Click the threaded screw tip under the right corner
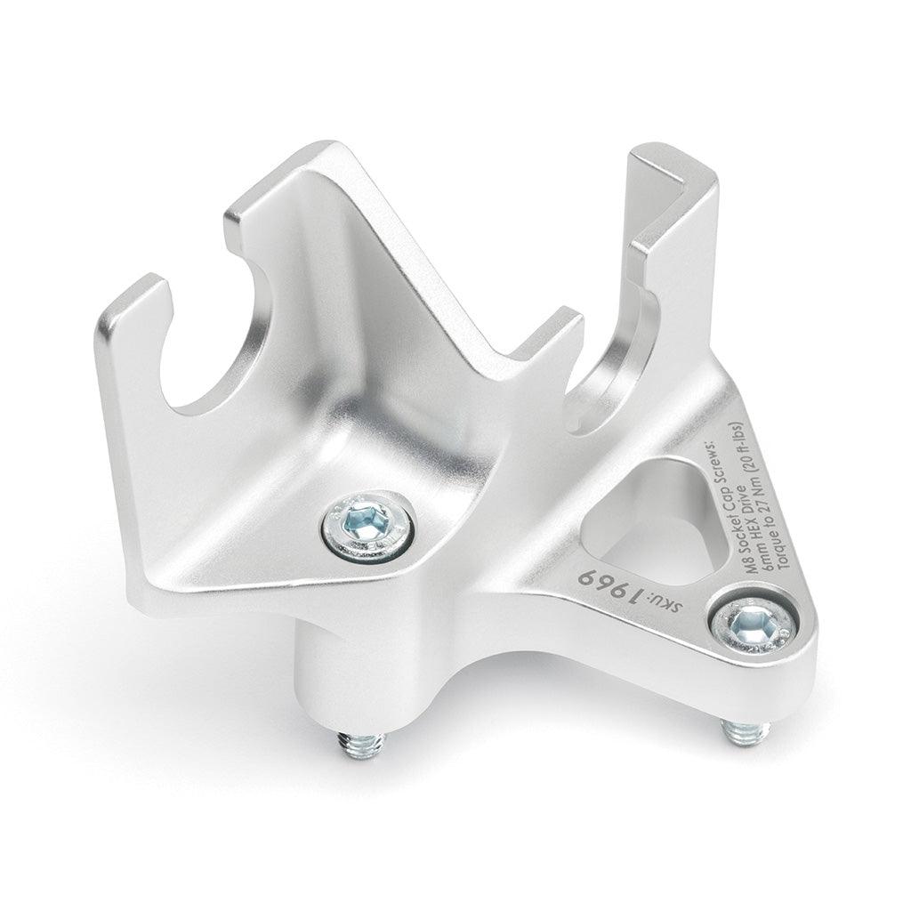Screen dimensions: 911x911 click(746, 731)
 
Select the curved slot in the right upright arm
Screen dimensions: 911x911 click(614, 374)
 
